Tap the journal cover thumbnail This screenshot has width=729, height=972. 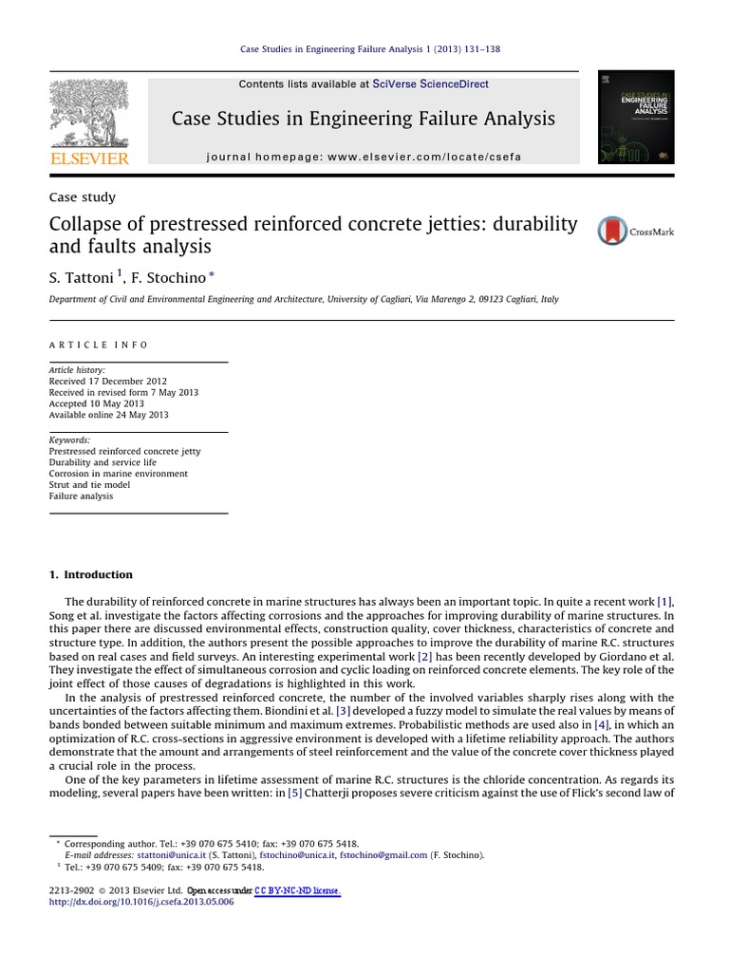click(636, 118)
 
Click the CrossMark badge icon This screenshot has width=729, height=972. click(612, 231)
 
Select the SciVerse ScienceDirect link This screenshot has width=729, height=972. click(431, 84)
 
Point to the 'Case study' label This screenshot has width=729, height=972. click(82, 197)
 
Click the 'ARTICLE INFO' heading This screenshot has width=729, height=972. click(99, 345)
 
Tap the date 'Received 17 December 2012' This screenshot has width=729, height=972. click(107, 381)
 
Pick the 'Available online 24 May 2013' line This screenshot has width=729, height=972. click(108, 415)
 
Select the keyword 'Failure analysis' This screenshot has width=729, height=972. click(81, 495)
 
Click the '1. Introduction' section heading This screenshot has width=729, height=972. click(90, 574)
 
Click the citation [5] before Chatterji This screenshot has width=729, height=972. click(295, 793)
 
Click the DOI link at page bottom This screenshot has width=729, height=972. click(140, 902)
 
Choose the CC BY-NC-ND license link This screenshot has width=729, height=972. click(297, 890)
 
